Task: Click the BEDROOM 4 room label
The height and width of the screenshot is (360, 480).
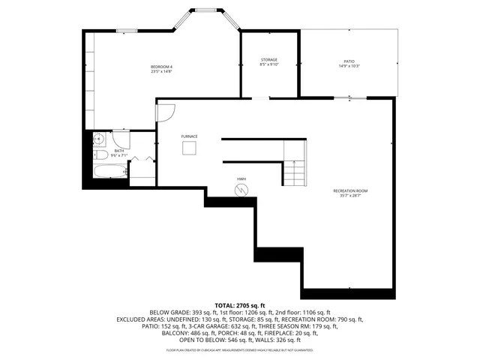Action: [x=161, y=67]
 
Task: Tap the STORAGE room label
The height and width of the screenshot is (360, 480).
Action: [x=268, y=59]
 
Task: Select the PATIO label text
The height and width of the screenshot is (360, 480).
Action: [x=349, y=61]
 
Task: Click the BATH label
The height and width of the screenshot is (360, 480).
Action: [x=119, y=151]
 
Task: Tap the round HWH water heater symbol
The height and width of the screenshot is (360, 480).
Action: [x=241, y=190]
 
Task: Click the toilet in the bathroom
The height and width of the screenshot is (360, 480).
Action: [x=100, y=155]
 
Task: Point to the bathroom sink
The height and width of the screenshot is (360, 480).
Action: [x=98, y=138]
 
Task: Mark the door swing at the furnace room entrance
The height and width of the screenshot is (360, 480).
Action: [x=165, y=114]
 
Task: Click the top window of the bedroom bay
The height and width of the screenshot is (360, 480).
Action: [x=202, y=10]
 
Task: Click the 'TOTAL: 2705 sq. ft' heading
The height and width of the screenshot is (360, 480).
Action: [x=240, y=306]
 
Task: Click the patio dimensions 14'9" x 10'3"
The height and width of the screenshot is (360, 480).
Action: [x=349, y=66]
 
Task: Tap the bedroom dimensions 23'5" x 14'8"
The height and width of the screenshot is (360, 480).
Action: [x=161, y=72]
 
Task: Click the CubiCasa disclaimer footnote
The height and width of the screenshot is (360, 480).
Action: [x=240, y=350]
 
